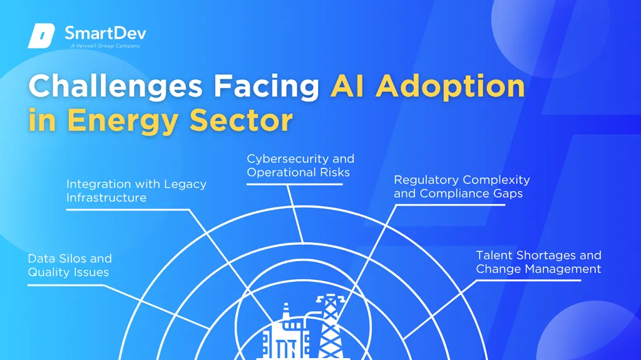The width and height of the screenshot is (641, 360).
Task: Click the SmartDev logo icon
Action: [41, 36]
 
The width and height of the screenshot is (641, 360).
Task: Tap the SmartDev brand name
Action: [105, 33]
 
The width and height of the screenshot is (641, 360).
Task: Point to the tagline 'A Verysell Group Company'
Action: [105, 46]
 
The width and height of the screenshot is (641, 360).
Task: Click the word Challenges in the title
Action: [115, 87]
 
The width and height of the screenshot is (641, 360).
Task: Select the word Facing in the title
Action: [266, 87]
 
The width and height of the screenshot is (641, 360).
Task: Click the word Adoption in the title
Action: [450, 87]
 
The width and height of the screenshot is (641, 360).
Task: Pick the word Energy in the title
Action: [123, 121]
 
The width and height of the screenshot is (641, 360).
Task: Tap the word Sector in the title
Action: [241, 120]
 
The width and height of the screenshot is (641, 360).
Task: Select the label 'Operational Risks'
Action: [299, 172]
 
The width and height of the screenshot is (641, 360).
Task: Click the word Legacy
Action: [185, 185]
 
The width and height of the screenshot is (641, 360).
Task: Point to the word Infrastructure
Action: [106, 198]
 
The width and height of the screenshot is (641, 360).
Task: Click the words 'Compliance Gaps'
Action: [471, 193]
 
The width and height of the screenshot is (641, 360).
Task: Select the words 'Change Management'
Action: [538, 269]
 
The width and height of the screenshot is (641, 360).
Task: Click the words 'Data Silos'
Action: [57, 259]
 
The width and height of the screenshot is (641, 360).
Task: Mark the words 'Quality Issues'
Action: [68, 272]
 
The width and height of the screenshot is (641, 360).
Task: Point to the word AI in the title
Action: [347, 86]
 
